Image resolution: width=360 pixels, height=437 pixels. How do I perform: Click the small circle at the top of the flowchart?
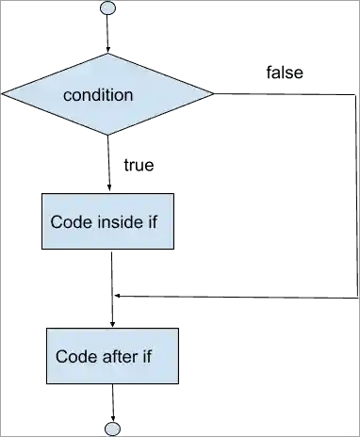click(x=108, y=8)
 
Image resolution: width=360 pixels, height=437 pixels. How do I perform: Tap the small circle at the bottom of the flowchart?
click(x=113, y=429)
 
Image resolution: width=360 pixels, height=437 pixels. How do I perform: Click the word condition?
click(x=98, y=95)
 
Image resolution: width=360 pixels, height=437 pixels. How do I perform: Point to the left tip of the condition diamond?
click(x=3, y=94)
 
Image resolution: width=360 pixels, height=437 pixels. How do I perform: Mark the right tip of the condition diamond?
click(x=212, y=94)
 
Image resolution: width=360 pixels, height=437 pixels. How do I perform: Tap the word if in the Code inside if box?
click(x=155, y=222)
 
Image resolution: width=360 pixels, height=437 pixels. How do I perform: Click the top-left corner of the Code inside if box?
click(x=40, y=194)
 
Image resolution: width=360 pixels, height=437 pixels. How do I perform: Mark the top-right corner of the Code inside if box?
click(x=173, y=194)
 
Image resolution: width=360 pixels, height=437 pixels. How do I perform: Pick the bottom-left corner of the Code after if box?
click(x=46, y=382)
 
